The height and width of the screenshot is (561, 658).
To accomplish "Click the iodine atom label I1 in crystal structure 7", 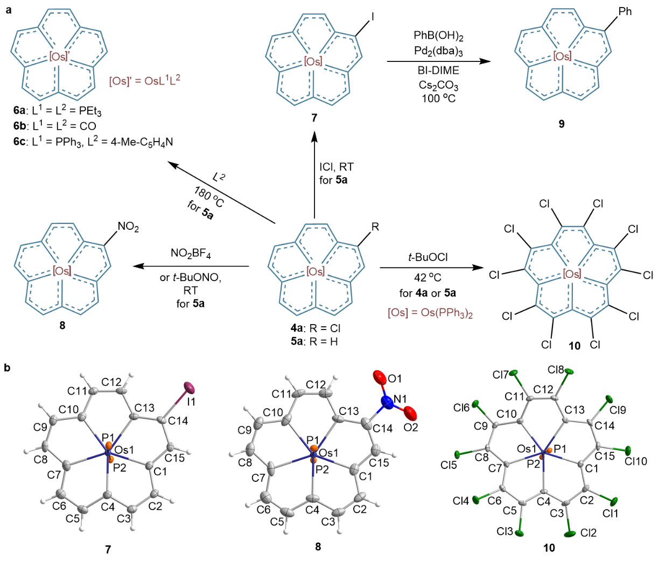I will (191, 402).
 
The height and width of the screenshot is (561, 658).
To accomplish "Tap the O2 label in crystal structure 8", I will (411, 428).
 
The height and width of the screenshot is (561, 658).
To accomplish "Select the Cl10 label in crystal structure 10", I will (636, 461).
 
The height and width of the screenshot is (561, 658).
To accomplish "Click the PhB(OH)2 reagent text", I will (438, 36).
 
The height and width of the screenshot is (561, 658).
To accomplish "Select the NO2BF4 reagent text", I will (191, 254).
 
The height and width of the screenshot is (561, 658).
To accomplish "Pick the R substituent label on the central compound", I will (375, 227).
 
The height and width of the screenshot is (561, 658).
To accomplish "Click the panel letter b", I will (7, 368).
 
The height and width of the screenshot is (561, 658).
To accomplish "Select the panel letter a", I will (7, 9).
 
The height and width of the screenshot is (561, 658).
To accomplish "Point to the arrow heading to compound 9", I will (439, 61).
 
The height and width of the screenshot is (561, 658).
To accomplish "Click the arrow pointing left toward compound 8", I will (191, 266).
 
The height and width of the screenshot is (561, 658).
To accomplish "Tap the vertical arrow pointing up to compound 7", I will (314, 178).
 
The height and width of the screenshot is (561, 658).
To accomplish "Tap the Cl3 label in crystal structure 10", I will (505, 531).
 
